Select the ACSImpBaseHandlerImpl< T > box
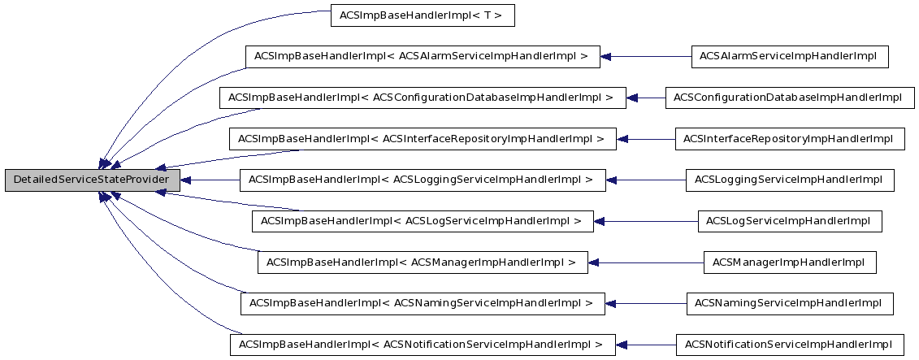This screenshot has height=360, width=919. pos(423,15)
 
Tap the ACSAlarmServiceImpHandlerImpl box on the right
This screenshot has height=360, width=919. pos(789,57)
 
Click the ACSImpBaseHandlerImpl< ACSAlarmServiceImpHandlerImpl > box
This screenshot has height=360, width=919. pos(423,57)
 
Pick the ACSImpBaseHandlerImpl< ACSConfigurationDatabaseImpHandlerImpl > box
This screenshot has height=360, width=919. pos(423,98)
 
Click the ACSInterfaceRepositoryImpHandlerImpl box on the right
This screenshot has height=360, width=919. pos(789,139)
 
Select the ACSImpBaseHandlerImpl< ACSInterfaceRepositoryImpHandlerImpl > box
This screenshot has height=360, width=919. pos(423,139)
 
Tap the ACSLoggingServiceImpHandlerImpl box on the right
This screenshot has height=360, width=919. pos(789,180)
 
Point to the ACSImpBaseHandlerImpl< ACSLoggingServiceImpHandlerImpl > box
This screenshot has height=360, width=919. pos(423,180)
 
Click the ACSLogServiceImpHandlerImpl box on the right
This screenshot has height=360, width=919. pos(789,221)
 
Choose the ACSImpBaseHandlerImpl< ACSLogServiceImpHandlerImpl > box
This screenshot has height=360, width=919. pos(423,221)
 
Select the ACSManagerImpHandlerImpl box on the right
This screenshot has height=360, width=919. pos(789,262)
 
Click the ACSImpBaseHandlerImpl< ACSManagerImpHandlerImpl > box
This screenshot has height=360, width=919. pos(423,262)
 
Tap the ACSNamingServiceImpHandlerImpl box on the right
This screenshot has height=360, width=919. pos(789,303)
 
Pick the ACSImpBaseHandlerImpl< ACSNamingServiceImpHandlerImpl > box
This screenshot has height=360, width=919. pos(423,303)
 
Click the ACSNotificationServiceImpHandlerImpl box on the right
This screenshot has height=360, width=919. pos(789,345)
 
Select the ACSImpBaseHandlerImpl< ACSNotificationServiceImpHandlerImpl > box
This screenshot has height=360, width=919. pos(423,345)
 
